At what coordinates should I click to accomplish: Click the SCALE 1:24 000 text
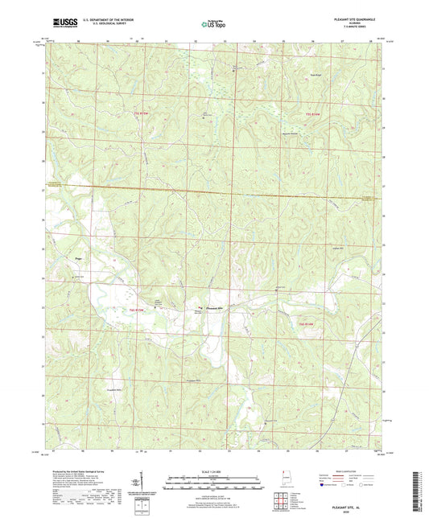(x=215, y=471)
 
